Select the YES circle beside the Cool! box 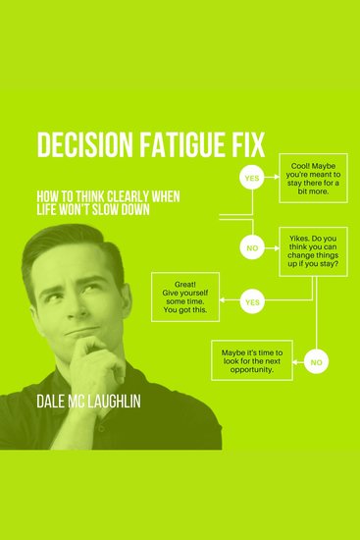point(251,180)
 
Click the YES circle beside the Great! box point(252,301)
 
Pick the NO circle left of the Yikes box point(252,248)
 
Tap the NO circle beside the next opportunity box point(316,362)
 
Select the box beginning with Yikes point(312,249)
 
